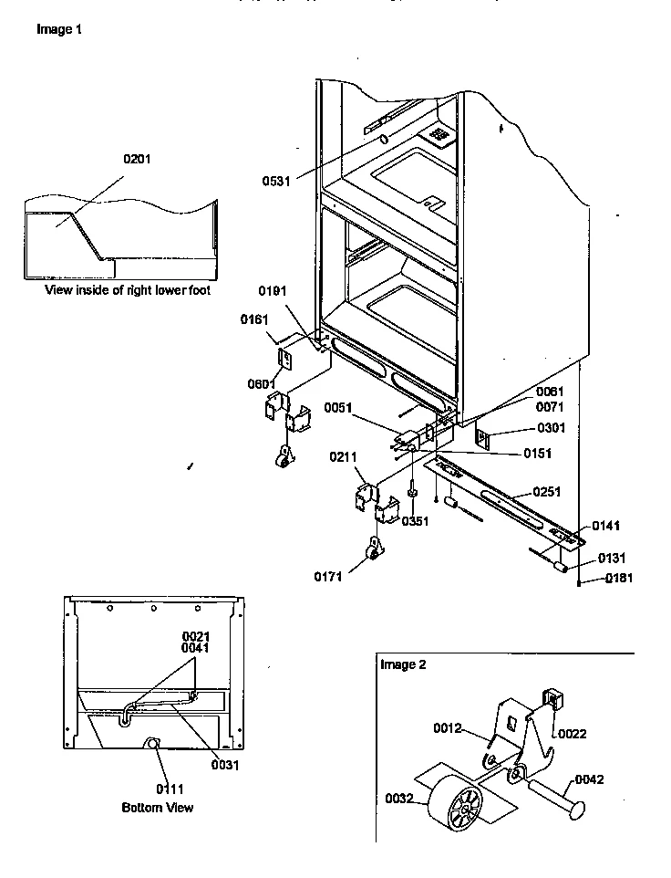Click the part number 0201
click(137, 159)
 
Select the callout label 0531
click(275, 181)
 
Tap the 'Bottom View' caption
click(157, 808)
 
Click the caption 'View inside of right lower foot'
click(128, 291)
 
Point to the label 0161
click(254, 319)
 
